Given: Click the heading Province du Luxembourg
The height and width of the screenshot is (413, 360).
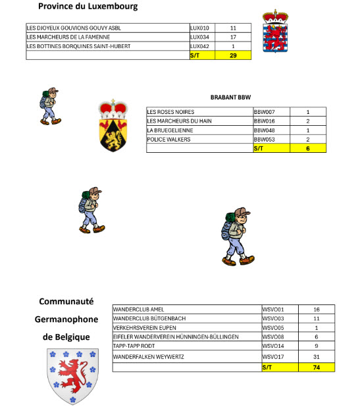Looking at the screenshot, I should click(x=88, y=7).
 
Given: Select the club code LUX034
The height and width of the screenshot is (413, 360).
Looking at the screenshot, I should click(x=199, y=38).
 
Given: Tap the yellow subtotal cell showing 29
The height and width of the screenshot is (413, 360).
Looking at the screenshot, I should click(x=233, y=56).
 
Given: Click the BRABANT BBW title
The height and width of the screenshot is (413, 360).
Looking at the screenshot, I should click(x=230, y=97).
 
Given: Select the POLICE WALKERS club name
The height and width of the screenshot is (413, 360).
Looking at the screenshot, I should click(x=170, y=140).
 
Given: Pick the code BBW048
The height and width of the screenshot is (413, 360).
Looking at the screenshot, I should click(x=264, y=130).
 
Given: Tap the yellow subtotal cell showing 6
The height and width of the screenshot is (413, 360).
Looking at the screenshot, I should click(x=307, y=149).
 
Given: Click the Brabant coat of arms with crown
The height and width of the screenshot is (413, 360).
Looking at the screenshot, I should click(x=113, y=124).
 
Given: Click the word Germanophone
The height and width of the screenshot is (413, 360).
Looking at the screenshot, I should click(x=66, y=319).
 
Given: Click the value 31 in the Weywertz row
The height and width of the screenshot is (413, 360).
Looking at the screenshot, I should click(x=316, y=356).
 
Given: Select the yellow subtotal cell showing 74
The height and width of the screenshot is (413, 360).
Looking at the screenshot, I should click(x=316, y=367).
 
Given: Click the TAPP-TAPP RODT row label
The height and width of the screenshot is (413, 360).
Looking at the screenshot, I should click(x=134, y=346).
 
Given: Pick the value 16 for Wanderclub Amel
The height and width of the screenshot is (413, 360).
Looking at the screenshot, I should click(x=316, y=309).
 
